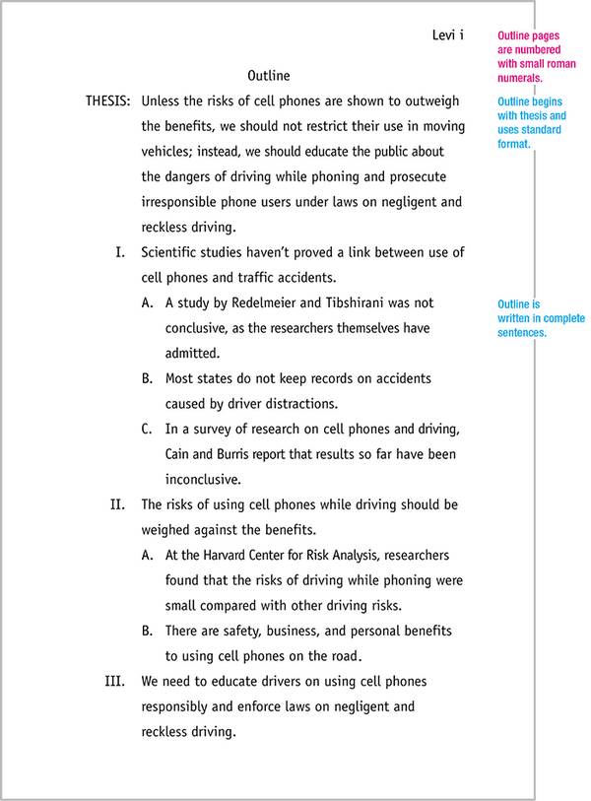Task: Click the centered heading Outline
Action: point(268,75)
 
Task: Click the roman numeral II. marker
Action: point(117,504)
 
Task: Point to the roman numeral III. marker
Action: point(115,681)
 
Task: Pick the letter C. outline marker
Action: point(147,429)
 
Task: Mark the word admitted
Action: point(192,353)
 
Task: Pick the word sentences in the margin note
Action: point(522,333)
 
